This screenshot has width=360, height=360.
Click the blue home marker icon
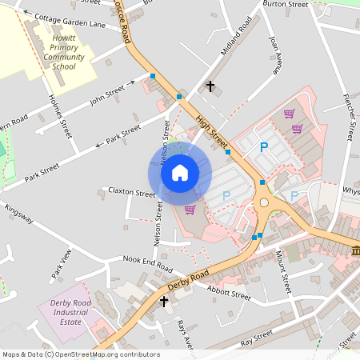[180, 173]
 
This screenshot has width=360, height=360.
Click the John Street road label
[108, 99]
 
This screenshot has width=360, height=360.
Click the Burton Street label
[286, 5]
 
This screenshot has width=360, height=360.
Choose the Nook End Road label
[148, 262]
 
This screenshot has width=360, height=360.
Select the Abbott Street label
[229, 295]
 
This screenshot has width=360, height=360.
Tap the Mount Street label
[282, 270]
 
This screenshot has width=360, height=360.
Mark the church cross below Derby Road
[164, 302]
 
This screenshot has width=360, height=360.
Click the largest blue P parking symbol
[263, 147]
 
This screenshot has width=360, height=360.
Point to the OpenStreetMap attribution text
[80, 354]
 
